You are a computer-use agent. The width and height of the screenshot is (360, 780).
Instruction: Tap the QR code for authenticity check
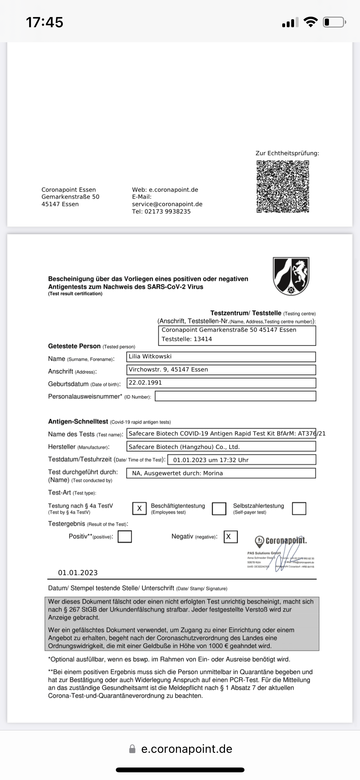click(x=283, y=187)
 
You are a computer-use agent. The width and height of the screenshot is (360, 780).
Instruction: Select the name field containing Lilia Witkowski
click(x=221, y=356)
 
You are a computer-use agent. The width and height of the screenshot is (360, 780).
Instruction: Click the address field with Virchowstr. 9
click(x=221, y=370)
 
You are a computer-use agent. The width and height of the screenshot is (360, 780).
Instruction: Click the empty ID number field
click(x=235, y=396)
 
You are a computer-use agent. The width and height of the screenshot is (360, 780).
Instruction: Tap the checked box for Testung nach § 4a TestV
click(x=140, y=508)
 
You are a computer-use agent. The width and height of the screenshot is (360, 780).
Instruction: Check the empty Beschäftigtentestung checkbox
click(x=219, y=508)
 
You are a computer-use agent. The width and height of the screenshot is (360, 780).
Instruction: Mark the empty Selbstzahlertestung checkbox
click(x=299, y=508)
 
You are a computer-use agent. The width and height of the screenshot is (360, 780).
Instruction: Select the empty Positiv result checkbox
click(x=125, y=537)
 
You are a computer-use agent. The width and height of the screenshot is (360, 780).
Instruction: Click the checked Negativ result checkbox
click(x=230, y=537)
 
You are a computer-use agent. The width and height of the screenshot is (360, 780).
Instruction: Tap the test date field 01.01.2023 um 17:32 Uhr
click(x=242, y=460)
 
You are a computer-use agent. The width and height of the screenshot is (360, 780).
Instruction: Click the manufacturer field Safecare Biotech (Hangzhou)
click(x=221, y=447)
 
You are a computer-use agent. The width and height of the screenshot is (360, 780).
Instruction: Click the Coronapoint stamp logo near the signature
click(x=281, y=541)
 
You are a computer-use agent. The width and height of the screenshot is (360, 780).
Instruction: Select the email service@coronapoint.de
click(x=167, y=204)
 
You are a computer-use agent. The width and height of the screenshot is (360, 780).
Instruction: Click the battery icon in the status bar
click(x=334, y=22)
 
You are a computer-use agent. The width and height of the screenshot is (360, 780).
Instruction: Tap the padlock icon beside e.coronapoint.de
click(x=132, y=749)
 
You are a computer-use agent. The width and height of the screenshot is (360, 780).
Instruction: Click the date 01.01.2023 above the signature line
click(x=78, y=573)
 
